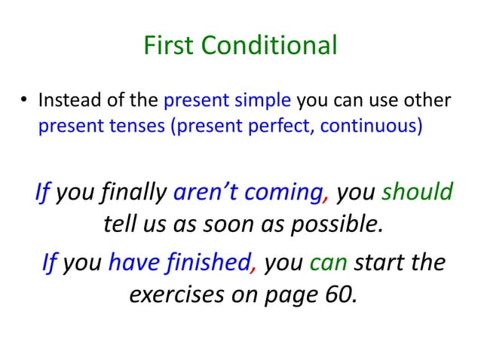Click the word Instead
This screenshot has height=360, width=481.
[63, 99]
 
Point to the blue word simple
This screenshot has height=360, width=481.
[268, 99]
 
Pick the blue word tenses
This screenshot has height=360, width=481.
[142, 124]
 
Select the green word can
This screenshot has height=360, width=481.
[328, 265]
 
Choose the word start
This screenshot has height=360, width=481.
[381, 265]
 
